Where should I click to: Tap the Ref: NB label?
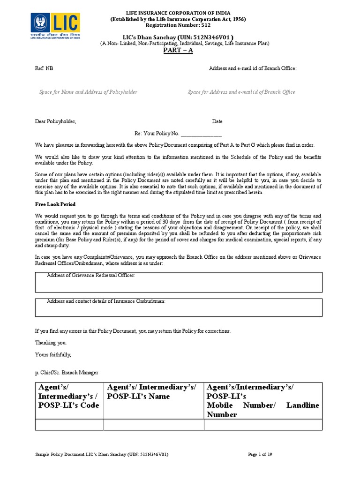tap(45, 68)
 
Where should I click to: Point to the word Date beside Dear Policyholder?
tap(217, 121)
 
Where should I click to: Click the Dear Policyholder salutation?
tap(56, 121)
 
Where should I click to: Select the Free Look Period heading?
tap(55, 204)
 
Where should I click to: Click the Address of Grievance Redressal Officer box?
tap(179, 282)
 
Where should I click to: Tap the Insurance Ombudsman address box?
tap(179, 307)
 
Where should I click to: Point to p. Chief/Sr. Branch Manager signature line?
tap(67, 373)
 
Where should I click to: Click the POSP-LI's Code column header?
tap(69, 396)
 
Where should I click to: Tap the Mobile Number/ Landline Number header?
tap(262, 401)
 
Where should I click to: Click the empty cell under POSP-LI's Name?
tap(153, 425)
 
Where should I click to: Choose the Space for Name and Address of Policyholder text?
tap(88, 92)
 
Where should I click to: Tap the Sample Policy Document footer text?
tap(102, 455)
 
